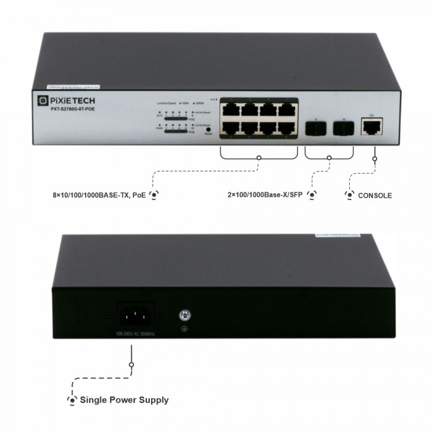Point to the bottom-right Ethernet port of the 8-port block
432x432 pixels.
coord(287,128)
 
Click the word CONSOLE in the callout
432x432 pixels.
coord(375,196)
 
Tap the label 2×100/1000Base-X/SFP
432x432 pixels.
coord(267,195)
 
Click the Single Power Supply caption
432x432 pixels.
coord(124,400)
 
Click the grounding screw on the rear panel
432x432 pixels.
coord(183,315)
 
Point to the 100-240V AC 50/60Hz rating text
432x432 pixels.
coord(135,334)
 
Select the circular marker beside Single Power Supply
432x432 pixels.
coord(72,401)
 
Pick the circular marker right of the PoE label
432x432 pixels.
coord(154,195)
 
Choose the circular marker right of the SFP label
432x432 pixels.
coord(312,195)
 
